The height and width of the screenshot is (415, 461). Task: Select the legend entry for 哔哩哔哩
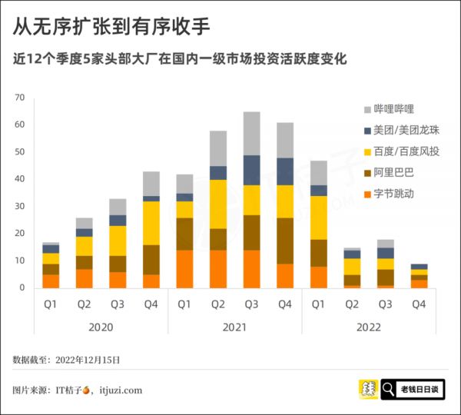coord(393,109)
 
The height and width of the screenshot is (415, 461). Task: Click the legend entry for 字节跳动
coord(393,194)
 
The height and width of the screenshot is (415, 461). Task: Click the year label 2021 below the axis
coord(234,327)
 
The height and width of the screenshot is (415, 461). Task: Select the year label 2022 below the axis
coord(368,327)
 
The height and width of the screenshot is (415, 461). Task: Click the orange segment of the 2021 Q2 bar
coord(218,269)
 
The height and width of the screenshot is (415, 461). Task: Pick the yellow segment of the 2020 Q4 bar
coord(151,223)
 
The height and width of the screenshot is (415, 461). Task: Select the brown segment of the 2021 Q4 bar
coord(284,241)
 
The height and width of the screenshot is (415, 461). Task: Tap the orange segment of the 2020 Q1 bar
coord(51,281)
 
